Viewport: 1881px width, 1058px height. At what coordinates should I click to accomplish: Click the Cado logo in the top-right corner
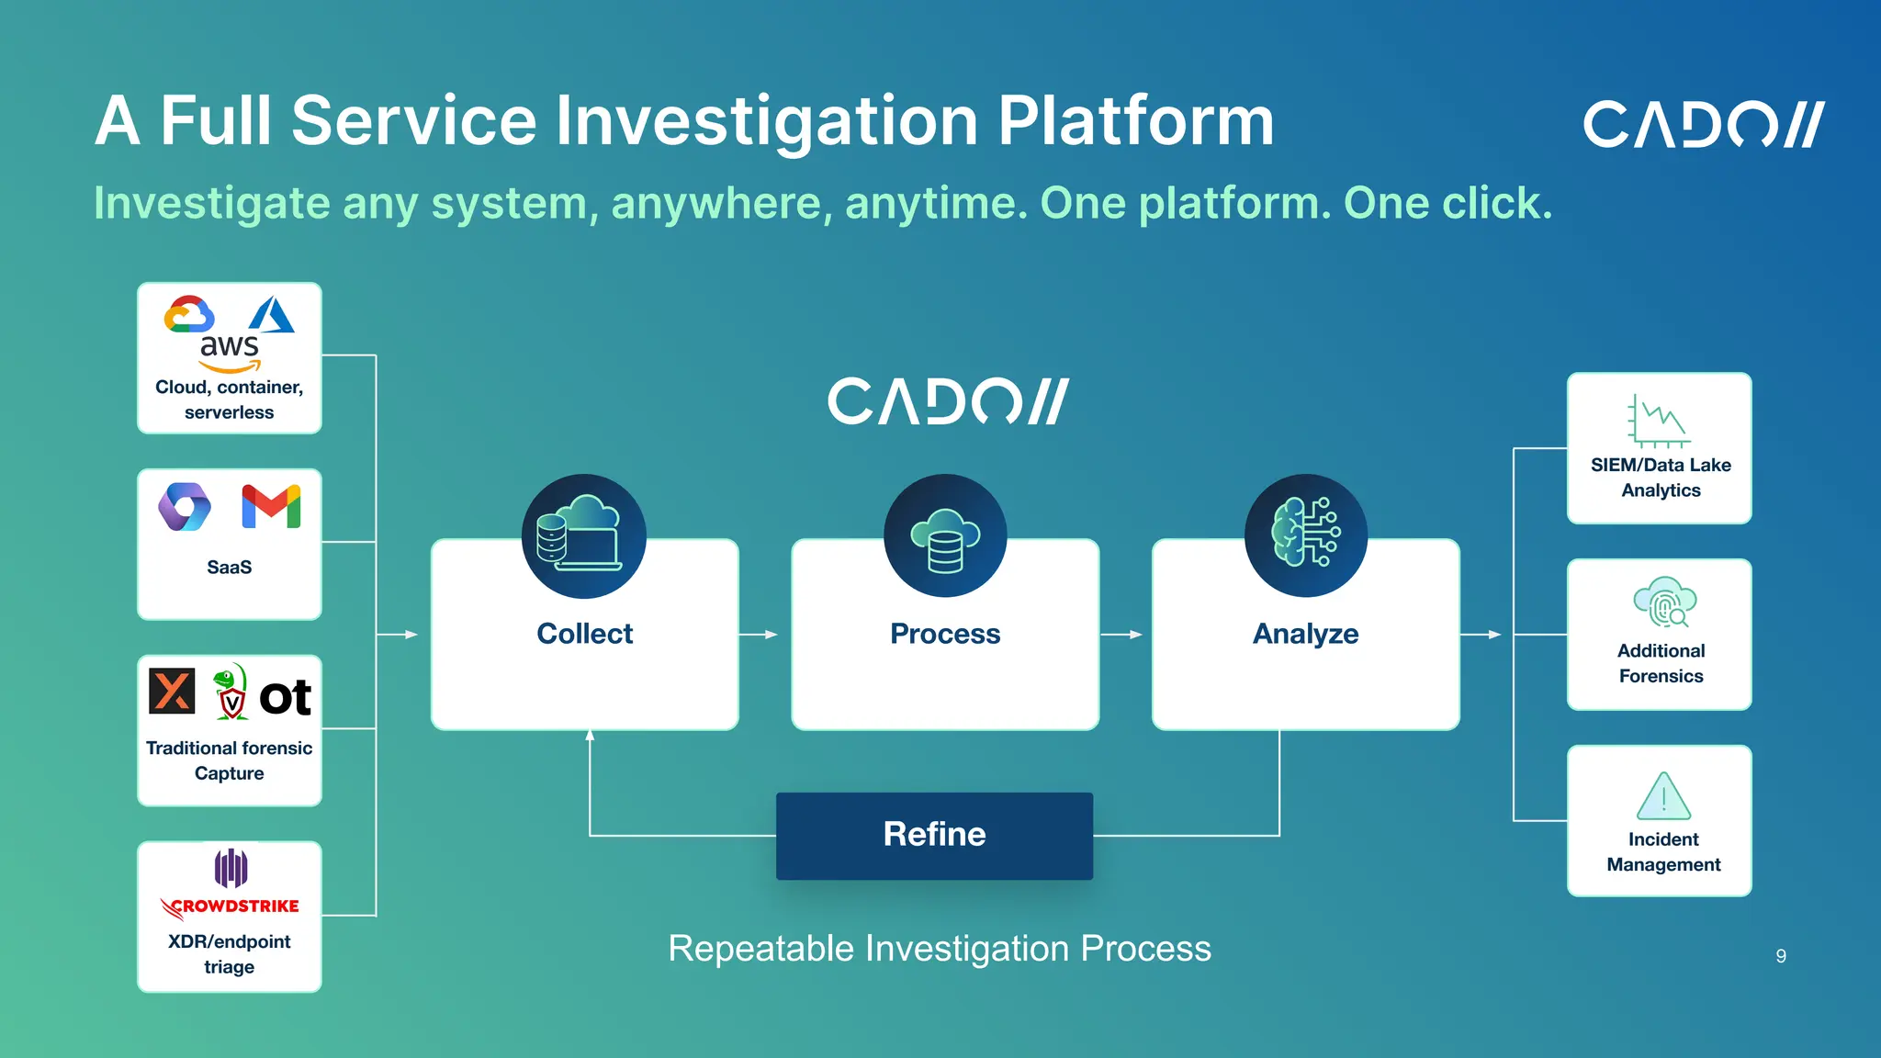(x=1703, y=125)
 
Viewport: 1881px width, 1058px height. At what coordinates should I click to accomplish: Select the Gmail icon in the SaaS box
(x=271, y=506)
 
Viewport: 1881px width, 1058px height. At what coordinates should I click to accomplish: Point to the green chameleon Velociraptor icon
(x=231, y=692)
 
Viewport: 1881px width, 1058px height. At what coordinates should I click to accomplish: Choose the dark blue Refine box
(x=934, y=835)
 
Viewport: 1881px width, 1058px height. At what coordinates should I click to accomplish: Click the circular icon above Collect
(x=584, y=536)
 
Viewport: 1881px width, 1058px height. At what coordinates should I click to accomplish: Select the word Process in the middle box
(x=945, y=634)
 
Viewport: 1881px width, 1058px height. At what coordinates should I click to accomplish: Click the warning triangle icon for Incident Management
(x=1663, y=796)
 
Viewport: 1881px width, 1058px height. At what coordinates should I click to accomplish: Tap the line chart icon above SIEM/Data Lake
(x=1659, y=421)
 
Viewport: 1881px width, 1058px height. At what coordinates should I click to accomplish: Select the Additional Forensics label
(x=1661, y=663)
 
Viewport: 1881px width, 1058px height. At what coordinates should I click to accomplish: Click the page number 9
(x=1781, y=956)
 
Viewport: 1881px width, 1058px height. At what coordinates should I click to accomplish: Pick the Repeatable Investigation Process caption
(x=940, y=949)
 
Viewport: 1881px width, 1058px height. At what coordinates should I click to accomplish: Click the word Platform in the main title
(x=1136, y=121)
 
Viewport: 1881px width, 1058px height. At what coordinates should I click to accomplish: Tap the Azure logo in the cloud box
(x=272, y=314)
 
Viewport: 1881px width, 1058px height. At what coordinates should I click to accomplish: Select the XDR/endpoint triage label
(x=230, y=954)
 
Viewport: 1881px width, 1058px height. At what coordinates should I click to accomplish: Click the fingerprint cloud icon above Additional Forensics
(x=1664, y=602)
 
